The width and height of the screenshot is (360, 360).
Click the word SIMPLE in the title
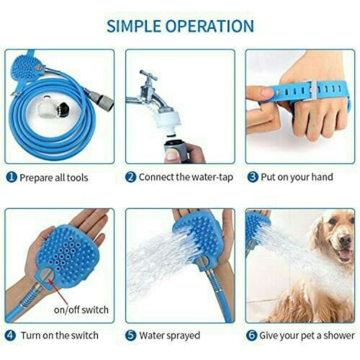[x=134, y=26]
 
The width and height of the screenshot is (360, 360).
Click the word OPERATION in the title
[x=210, y=26]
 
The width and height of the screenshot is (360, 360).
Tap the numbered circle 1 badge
[x=11, y=178]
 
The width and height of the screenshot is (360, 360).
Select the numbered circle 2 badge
[x=131, y=177]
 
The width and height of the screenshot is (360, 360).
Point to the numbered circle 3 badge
[x=253, y=177]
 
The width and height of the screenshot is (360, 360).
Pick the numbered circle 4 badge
[x=11, y=336]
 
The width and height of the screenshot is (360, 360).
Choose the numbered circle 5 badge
[x=131, y=336]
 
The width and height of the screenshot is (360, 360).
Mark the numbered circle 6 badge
[x=251, y=336]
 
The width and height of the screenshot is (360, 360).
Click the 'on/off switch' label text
[x=81, y=310]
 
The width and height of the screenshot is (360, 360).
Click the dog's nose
[x=345, y=240]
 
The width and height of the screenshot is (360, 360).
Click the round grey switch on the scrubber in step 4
[x=47, y=274]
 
